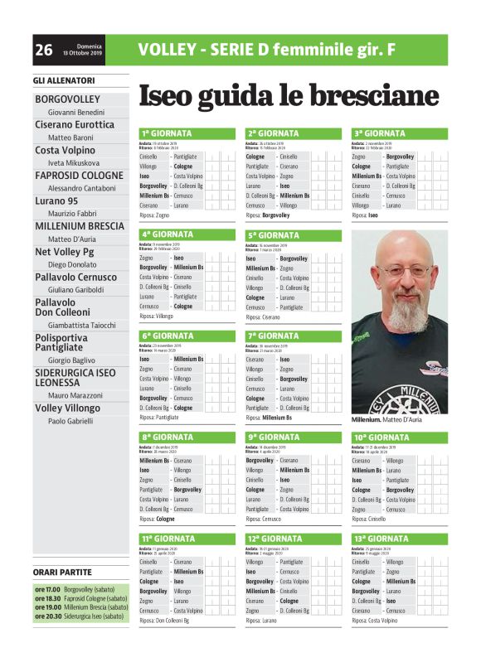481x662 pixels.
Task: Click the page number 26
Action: pyautogui.click(x=44, y=51)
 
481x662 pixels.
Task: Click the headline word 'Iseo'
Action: pyautogui.click(x=170, y=96)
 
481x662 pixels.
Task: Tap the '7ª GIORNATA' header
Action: pyautogui.click(x=273, y=336)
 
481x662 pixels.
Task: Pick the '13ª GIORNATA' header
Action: pyautogui.click(x=381, y=539)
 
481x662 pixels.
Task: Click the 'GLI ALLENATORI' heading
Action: pyautogui.click(x=64, y=80)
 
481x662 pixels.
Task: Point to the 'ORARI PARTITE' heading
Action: pyautogui.click(x=63, y=572)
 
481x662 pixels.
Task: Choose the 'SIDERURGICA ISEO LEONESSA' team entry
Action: pyautogui.click(x=80, y=378)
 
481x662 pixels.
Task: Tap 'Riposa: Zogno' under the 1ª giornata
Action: pyautogui.click(x=158, y=215)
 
